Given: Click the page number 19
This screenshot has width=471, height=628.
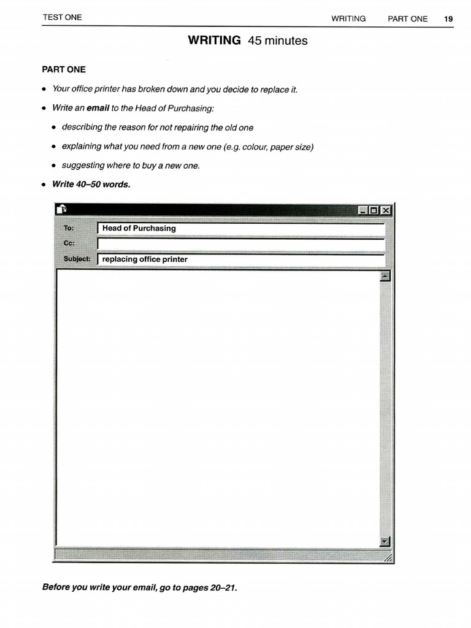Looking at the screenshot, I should click(x=448, y=18).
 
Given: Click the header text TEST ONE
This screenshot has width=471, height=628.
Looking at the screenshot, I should click(x=62, y=17).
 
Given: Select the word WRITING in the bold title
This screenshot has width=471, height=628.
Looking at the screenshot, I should click(x=214, y=40).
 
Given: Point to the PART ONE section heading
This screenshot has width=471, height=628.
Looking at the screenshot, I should click(x=64, y=69).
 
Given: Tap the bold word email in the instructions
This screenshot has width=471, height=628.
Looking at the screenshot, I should click(x=98, y=108).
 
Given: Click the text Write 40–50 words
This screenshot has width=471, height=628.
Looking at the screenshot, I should click(x=91, y=184).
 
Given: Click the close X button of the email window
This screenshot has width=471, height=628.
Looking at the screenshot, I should click(x=385, y=210).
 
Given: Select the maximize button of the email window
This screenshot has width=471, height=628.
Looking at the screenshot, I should click(x=374, y=210).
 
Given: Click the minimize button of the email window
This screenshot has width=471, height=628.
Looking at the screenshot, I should click(x=364, y=210).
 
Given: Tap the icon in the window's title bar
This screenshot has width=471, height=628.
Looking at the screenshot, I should click(x=61, y=210).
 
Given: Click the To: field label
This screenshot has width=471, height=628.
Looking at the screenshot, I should click(x=69, y=228).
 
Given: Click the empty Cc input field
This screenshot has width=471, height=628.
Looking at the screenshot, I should click(x=240, y=243).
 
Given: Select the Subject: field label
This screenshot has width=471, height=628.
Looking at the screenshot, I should click(x=77, y=259).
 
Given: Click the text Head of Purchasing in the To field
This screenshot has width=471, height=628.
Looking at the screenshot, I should click(x=139, y=228).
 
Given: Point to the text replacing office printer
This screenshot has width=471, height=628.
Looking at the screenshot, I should click(x=145, y=259).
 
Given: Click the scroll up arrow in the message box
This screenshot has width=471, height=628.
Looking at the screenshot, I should click(x=385, y=277).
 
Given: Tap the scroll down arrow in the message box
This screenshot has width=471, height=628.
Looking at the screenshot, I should click(x=385, y=542).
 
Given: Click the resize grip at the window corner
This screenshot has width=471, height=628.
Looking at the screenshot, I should click(x=388, y=557).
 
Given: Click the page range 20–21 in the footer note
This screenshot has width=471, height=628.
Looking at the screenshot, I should click(x=222, y=588).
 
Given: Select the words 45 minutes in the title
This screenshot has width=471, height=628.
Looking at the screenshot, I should click(x=278, y=41).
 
